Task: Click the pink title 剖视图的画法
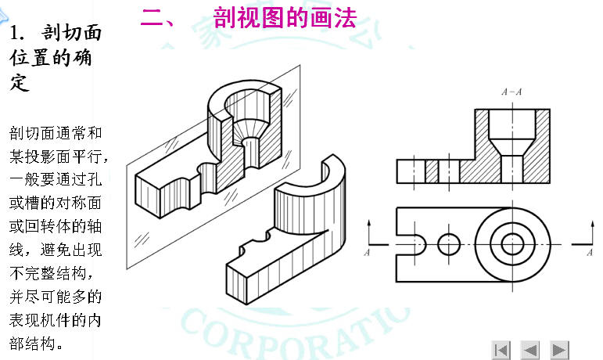tap(284, 17)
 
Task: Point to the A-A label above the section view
tap(511, 92)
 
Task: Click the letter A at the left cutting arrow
tap(367, 253)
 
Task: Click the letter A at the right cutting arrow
tap(589, 253)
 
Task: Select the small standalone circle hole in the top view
tap(449, 245)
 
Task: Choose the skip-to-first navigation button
tap(501, 349)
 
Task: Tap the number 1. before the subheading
tap(20, 34)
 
